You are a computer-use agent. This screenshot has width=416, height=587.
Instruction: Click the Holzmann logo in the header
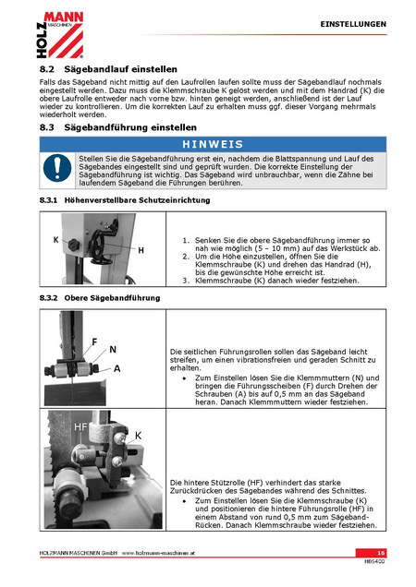click(60, 35)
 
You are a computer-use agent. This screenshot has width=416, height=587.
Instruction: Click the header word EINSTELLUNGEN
click(353, 24)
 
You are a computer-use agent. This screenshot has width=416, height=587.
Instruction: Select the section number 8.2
click(47, 69)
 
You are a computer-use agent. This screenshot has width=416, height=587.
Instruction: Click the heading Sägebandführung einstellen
click(130, 127)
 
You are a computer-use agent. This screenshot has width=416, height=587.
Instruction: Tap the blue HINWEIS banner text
click(213, 144)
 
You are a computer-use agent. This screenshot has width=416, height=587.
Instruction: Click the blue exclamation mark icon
click(57, 168)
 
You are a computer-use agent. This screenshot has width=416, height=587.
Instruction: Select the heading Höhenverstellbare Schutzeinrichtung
click(137, 200)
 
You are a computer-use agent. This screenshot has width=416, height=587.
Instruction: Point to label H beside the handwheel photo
click(141, 250)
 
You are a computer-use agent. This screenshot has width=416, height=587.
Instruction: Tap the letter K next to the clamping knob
click(55, 240)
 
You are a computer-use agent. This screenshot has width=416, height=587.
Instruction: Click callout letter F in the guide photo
click(94, 341)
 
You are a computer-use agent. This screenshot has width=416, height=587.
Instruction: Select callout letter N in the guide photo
click(113, 350)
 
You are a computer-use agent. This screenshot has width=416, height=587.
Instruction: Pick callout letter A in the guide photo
click(117, 369)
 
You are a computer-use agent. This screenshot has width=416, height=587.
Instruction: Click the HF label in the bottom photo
click(81, 427)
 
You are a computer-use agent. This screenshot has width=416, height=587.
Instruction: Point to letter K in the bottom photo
click(138, 436)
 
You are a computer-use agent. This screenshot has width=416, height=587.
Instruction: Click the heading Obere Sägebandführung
click(112, 298)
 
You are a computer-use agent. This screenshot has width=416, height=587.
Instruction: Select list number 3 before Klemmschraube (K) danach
click(186, 281)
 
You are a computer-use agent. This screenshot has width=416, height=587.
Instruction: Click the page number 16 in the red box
click(381, 553)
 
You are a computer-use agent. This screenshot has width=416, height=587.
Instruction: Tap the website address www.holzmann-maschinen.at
click(158, 553)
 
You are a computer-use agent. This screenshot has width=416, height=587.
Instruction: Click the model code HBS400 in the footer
click(374, 561)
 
